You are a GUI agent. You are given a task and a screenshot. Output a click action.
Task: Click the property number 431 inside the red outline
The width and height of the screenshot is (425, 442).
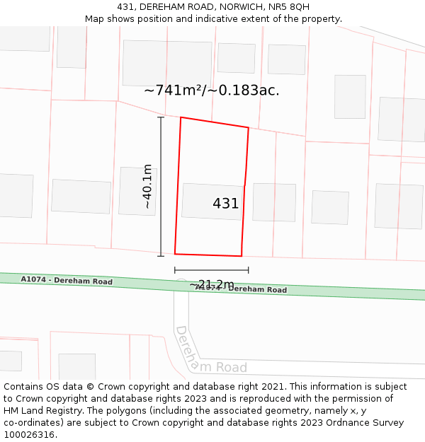click(226, 204)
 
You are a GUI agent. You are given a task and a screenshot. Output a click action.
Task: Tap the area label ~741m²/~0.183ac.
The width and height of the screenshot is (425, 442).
click(212, 91)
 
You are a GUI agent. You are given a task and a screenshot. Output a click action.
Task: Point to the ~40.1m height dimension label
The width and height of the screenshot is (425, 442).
click(147, 186)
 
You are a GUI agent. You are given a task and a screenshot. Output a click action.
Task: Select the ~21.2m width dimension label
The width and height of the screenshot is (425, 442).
click(211, 284)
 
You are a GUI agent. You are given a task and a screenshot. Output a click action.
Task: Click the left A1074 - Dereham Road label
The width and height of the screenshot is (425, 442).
click(67, 280)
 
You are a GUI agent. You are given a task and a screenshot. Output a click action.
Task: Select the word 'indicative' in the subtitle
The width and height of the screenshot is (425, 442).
click(223, 19)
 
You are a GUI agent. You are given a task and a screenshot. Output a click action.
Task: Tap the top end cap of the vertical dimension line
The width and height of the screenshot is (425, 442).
click(161, 117)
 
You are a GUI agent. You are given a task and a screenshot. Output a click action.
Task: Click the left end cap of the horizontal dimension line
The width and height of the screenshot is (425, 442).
click(175, 269)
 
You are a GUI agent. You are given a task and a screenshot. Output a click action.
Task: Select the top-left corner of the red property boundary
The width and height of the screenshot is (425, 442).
click(181, 117)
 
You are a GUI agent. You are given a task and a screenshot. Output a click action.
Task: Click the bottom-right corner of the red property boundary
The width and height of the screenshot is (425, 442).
click(242, 256)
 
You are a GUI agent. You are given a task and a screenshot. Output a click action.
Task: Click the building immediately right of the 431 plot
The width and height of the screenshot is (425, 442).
click(274, 202)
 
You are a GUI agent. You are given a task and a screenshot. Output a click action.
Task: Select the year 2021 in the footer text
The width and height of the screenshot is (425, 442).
click(272, 387)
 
